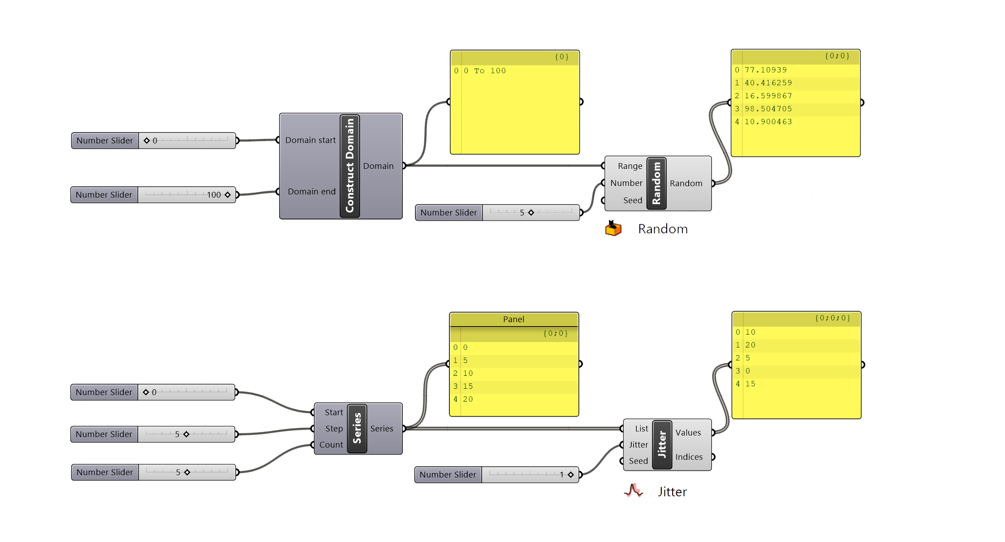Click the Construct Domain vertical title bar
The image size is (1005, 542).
pyautogui.click(x=350, y=166)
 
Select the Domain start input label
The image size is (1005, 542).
pyautogui.click(x=310, y=140)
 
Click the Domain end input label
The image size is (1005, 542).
pyautogui.click(x=311, y=192)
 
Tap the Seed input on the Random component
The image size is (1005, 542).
pyautogui.click(x=632, y=200)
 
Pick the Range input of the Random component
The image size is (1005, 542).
pyautogui.click(x=630, y=166)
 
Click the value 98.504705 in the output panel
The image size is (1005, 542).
pyautogui.click(x=768, y=109)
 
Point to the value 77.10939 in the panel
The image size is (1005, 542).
pyautogui.click(x=765, y=70)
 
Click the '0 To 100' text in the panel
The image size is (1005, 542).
pyautogui.click(x=484, y=71)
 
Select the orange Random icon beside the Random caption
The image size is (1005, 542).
pyautogui.click(x=613, y=228)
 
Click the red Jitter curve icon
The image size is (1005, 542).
pyautogui.click(x=634, y=491)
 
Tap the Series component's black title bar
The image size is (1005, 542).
pyautogui.click(x=357, y=429)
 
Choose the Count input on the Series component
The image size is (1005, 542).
pyautogui.click(x=331, y=445)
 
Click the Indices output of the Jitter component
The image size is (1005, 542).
pyautogui.click(x=689, y=457)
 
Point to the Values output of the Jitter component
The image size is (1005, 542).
pyautogui.click(x=688, y=433)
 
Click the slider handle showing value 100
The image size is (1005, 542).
pyautogui.click(x=228, y=195)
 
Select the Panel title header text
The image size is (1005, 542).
pyautogui.click(x=513, y=319)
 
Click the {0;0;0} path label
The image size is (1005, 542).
pyautogui.click(x=832, y=318)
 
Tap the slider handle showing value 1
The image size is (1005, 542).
pyautogui.click(x=571, y=475)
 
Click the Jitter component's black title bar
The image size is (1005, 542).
pyautogui.click(x=662, y=445)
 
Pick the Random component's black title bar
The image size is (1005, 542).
pyautogui.click(x=656, y=183)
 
